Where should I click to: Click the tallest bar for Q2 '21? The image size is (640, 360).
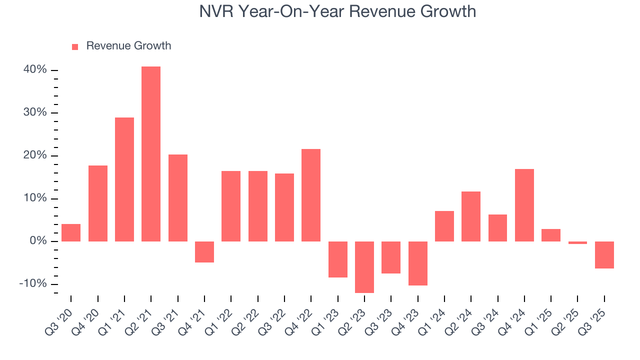click(151, 154)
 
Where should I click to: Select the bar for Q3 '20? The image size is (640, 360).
click(71, 232)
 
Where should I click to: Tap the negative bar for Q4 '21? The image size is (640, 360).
click(204, 252)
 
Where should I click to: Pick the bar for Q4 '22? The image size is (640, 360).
click(311, 195)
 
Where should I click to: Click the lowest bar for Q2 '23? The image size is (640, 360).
click(364, 267)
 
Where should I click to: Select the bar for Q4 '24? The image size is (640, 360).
click(524, 205)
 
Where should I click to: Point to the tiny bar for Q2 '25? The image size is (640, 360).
click(577, 242)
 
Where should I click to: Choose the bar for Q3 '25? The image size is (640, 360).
click(604, 255)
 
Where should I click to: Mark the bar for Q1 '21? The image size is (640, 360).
click(124, 179)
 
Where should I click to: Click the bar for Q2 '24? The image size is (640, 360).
click(471, 216)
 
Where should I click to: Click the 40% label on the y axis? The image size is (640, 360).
click(35, 70)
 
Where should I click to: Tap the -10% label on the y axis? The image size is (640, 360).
click(33, 284)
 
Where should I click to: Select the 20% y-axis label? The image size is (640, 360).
click(35, 155)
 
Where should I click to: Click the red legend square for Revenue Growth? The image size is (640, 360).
click(75, 46)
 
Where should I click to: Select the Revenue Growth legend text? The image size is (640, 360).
click(128, 46)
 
